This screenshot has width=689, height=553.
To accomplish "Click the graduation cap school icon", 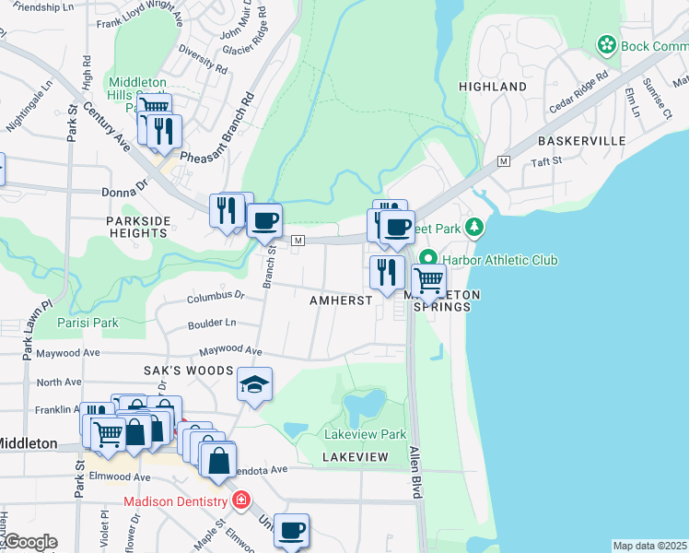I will pos(255,384).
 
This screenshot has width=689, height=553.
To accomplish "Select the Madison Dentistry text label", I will pos(175,501).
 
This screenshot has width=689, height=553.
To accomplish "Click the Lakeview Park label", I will pos(365,434).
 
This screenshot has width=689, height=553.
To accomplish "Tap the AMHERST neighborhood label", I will pos(341,300).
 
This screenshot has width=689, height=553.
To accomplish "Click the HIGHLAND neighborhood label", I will pos(493,87).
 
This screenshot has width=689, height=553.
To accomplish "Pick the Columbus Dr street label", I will pos(215,297).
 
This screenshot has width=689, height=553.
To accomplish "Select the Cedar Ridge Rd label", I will pos(578,89).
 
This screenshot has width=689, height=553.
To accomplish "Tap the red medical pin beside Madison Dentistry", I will pos(240,501).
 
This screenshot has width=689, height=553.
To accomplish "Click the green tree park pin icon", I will pos(474,226).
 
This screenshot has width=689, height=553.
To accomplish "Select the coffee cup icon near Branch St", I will pos(264,220).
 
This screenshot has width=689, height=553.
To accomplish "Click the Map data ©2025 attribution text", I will pos(649,546).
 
